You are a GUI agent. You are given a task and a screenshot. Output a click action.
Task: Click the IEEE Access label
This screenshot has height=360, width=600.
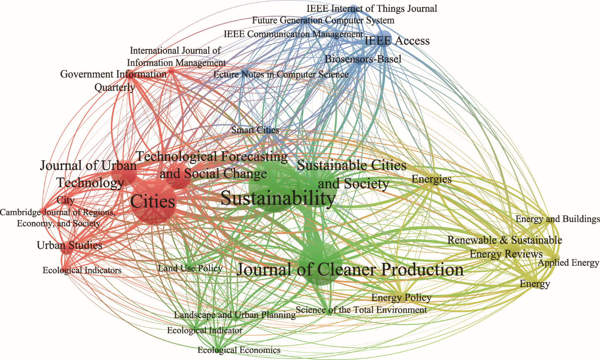pos(397,41)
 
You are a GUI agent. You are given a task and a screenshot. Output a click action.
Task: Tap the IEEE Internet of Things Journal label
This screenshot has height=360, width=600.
pos(372,8)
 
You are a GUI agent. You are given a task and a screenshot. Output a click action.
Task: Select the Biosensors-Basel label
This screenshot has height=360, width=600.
pos(363,59)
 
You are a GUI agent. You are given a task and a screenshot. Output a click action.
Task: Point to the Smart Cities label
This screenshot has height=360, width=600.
pos(255,130)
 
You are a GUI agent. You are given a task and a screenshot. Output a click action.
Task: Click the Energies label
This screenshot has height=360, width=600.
pos(432,179)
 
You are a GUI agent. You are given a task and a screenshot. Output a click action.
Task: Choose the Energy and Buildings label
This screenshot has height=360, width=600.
pos(557,219)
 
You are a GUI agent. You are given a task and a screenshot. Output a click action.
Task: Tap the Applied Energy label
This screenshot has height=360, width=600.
pos(568,263)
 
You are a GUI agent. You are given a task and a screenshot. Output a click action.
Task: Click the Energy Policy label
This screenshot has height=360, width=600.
pos(401,297)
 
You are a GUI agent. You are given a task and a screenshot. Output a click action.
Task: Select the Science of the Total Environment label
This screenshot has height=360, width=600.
pos(361,310)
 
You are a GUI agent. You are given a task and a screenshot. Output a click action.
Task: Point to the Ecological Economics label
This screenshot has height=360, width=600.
pos(239,350)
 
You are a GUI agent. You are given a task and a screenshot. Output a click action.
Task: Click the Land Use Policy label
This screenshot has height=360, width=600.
pos(190,269)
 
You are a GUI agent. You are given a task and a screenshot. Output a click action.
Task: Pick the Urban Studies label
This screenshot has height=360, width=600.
pos(70,245)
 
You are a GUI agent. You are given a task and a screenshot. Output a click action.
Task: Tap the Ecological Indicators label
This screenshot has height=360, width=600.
pos(82,270)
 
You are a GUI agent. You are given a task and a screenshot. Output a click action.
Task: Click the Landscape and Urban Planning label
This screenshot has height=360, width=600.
pos(235,315)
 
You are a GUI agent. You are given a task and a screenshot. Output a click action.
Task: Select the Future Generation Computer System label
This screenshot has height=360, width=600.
pos(323,20)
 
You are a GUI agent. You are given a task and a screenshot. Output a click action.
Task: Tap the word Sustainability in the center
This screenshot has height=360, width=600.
pos(278,198)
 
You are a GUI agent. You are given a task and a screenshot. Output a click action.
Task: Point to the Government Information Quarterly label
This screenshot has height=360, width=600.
pos(113,81)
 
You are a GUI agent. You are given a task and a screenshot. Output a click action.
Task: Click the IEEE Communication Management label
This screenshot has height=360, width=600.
pos(293,34)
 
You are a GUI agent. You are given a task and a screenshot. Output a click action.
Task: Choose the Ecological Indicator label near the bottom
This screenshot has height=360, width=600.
pos(204,330)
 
